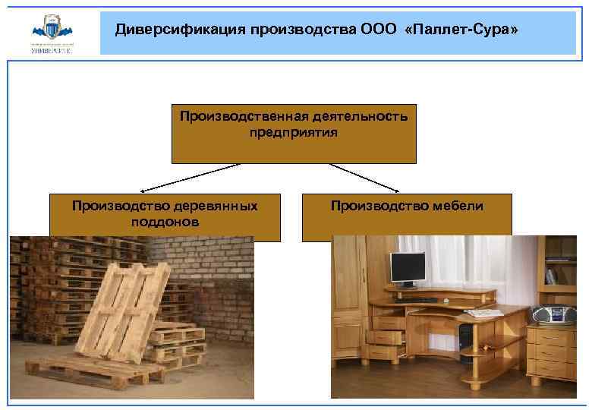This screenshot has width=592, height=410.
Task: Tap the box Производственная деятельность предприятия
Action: click(294, 134)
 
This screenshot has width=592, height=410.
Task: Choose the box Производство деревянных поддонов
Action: click(165, 216)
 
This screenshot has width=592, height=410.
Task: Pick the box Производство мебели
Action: click(407, 216)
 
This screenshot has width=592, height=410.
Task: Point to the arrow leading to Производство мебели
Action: click(364, 177)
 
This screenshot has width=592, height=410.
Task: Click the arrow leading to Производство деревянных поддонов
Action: click(190, 177)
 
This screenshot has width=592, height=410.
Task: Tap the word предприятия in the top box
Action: click(294, 132)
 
